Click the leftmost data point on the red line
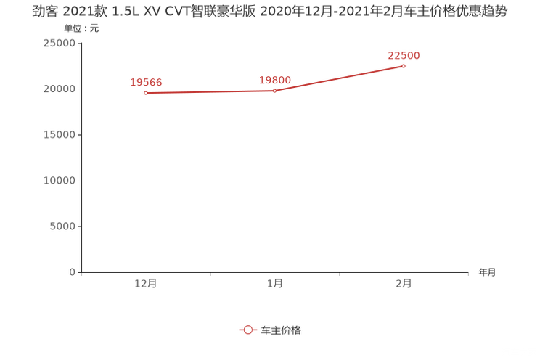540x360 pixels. pyautogui.click(x=146, y=94)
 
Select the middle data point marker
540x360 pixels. pyautogui.click(x=274, y=91)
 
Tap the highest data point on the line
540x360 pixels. pyautogui.click(x=404, y=66)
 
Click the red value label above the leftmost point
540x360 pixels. pyautogui.click(x=146, y=82)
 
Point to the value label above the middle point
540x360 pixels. pyautogui.click(x=274, y=79)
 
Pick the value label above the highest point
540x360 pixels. pyautogui.click(x=404, y=54)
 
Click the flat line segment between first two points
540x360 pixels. pyautogui.click(x=210, y=92)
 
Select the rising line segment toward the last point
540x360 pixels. pyautogui.click(x=339, y=78)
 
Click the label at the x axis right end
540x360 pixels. pyautogui.click(x=487, y=273)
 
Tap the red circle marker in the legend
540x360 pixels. pyautogui.click(x=248, y=330)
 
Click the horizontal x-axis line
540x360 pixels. pyautogui.click(x=276, y=273)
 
